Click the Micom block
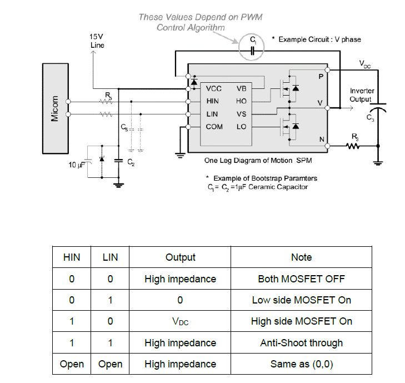[x=54, y=108]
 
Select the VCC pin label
[x=214, y=88]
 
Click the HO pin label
[x=241, y=101]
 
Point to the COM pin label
[x=214, y=127]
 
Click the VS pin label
[x=241, y=114]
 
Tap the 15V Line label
[x=97, y=40]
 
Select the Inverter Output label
[x=362, y=95]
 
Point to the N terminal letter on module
[x=321, y=140]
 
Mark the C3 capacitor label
[x=370, y=118]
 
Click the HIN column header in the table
[x=72, y=257]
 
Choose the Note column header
[x=301, y=257]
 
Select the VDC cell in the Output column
[x=180, y=321]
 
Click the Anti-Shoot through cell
[x=301, y=343]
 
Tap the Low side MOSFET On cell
[x=301, y=300]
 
